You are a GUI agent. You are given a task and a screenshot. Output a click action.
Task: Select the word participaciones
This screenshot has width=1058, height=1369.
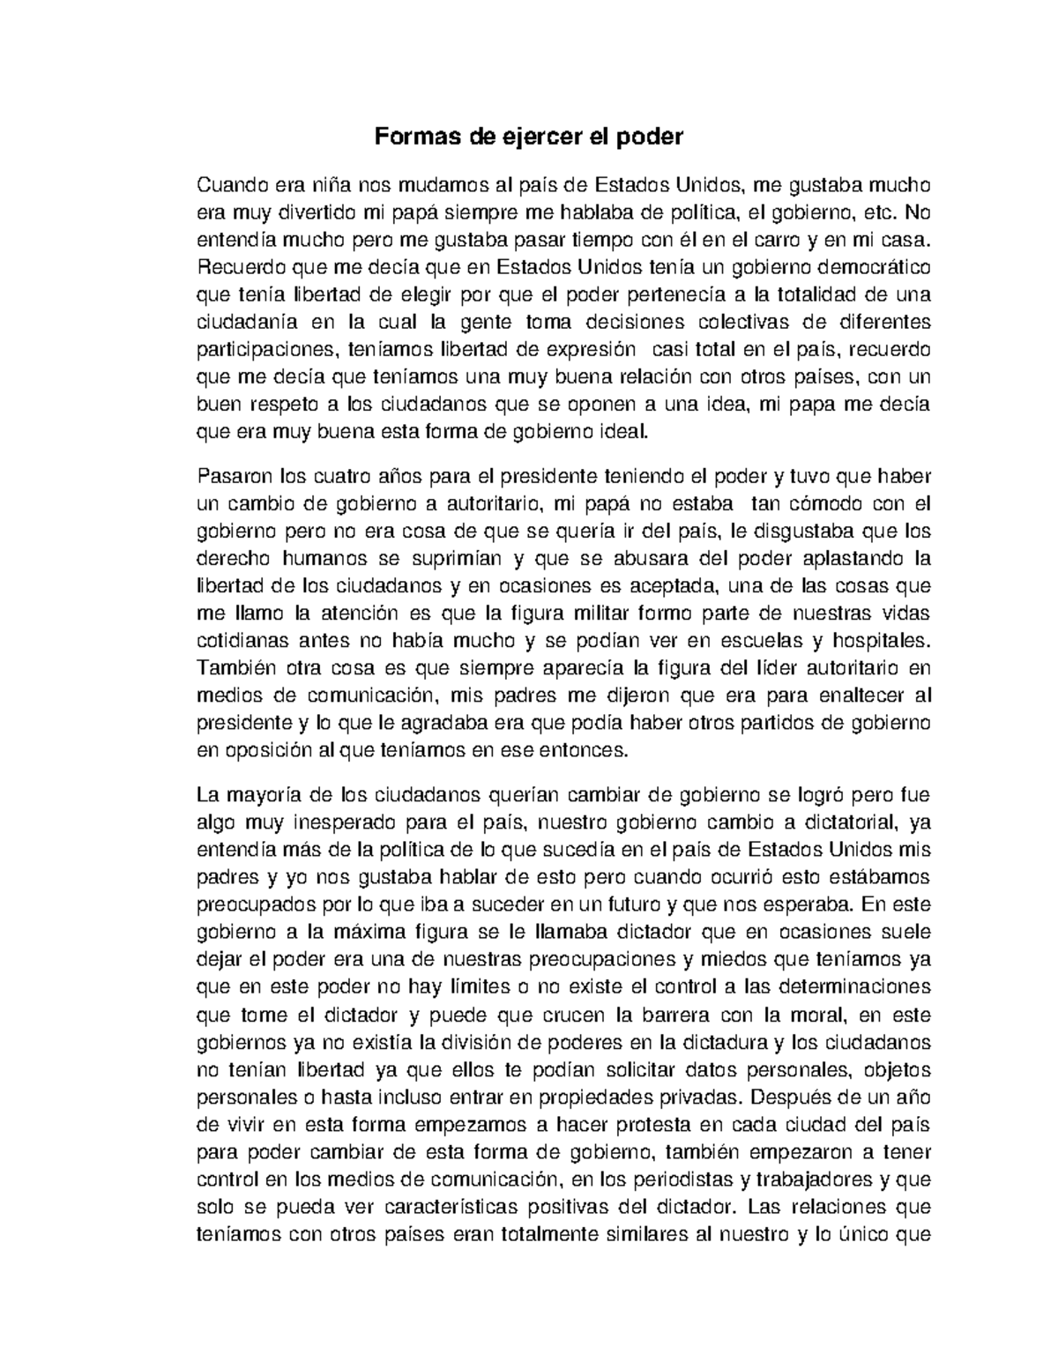click(266, 349)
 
